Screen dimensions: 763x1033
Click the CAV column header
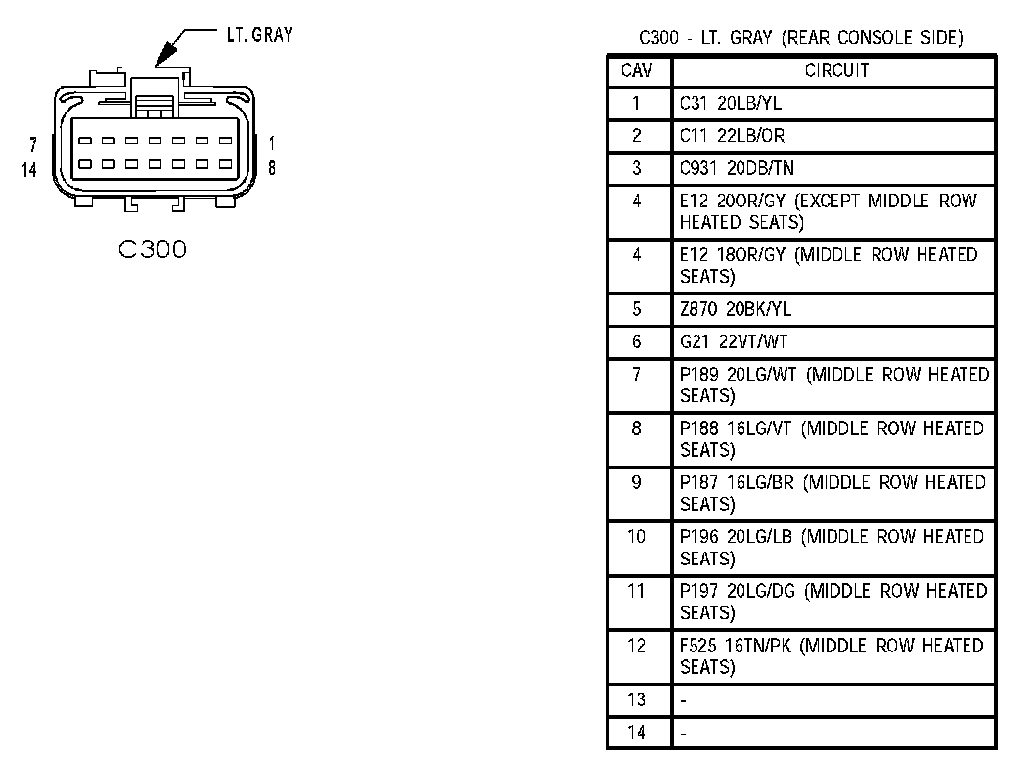point(636,70)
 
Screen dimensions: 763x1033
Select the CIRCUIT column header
point(835,70)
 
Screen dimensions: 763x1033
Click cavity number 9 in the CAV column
point(636,482)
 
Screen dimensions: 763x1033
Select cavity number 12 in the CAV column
point(636,646)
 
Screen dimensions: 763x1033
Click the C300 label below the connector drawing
point(153,250)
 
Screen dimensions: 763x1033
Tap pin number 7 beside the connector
point(34,145)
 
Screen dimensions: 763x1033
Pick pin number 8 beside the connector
point(272,167)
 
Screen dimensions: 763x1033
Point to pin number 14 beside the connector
point(29,170)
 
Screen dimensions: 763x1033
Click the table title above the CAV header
point(800,39)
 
